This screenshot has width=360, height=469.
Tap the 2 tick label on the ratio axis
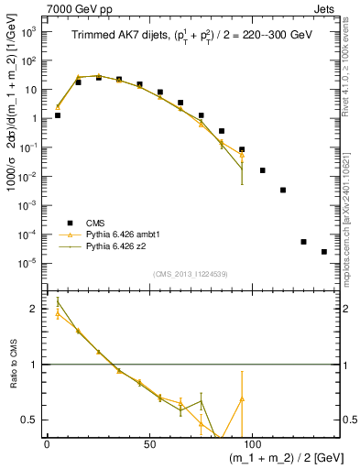[x=35, y=309]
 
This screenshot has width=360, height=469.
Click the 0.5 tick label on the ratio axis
[x=31, y=420]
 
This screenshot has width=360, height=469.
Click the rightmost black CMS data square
[x=324, y=252]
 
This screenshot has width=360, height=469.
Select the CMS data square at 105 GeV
[x=263, y=170]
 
